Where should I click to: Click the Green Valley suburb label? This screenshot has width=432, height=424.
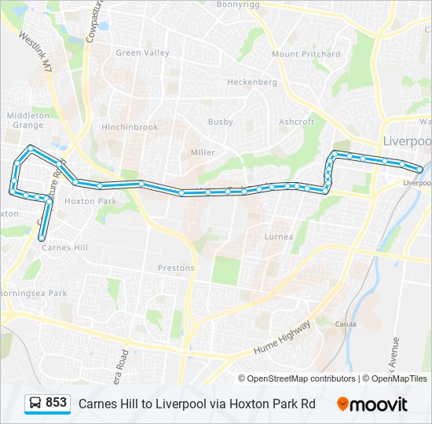(x=142, y=53)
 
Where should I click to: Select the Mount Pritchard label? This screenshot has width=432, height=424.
(x=306, y=54)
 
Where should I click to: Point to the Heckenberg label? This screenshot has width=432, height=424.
(x=252, y=82)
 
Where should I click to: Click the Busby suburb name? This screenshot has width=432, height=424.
(x=221, y=122)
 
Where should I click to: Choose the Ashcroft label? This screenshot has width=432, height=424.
(x=297, y=122)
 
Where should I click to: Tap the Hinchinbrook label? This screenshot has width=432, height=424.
(x=130, y=127)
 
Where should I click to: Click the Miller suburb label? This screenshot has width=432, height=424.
(x=203, y=152)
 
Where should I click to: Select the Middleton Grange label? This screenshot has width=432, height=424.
(x=27, y=120)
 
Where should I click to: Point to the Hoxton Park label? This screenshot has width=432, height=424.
(x=90, y=201)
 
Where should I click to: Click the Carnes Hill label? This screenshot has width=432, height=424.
(x=64, y=247)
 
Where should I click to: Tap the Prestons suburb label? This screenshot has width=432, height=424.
(x=176, y=268)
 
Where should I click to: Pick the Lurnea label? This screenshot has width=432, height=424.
(x=280, y=236)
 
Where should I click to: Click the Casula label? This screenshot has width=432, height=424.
(x=346, y=323)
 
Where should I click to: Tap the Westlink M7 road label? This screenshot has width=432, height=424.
(x=35, y=52)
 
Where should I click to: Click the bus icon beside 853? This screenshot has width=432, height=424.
(x=35, y=403)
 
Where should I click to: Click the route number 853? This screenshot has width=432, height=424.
(x=57, y=403)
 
